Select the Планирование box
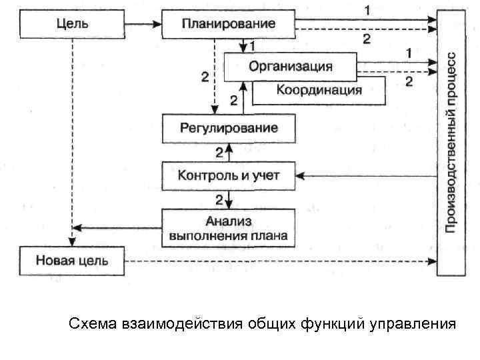pyautogui.click(x=228, y=24)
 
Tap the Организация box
pyautogui.click(x=290, y=67)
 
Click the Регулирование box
pyautogui.click(x=229, y=127)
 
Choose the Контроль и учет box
pyautogui.click(x=229, y=176)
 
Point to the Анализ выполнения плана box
pyautogui.click(x=229, y=227)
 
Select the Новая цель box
pyautogui.click(x=71, y=260)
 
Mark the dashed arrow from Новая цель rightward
pyautogui.click(x=280, y=261)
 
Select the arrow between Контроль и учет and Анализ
pyautogui.click(x=229, y=199)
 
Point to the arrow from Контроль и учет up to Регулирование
pyautogui.click(x=229, y=152)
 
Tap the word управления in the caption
pyautogui.click(x=416, y=324)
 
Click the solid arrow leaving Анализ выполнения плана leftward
pyautogui.click(x=117, y=227)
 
